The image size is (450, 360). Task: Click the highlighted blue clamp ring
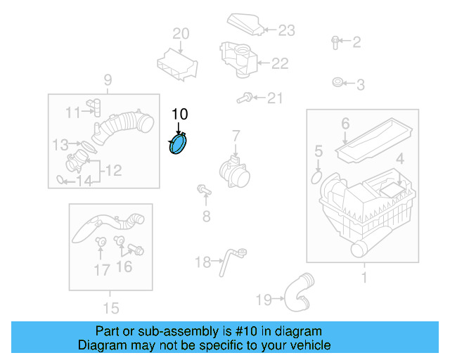pos(180,146)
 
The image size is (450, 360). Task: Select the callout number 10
pos(180,113)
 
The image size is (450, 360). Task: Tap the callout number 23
pos(286,30)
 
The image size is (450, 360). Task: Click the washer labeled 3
pos(337,84)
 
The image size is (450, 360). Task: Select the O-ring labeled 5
pos(315,171)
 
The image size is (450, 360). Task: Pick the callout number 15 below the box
pos(110,307)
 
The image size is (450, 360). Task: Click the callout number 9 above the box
pos(108,79)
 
